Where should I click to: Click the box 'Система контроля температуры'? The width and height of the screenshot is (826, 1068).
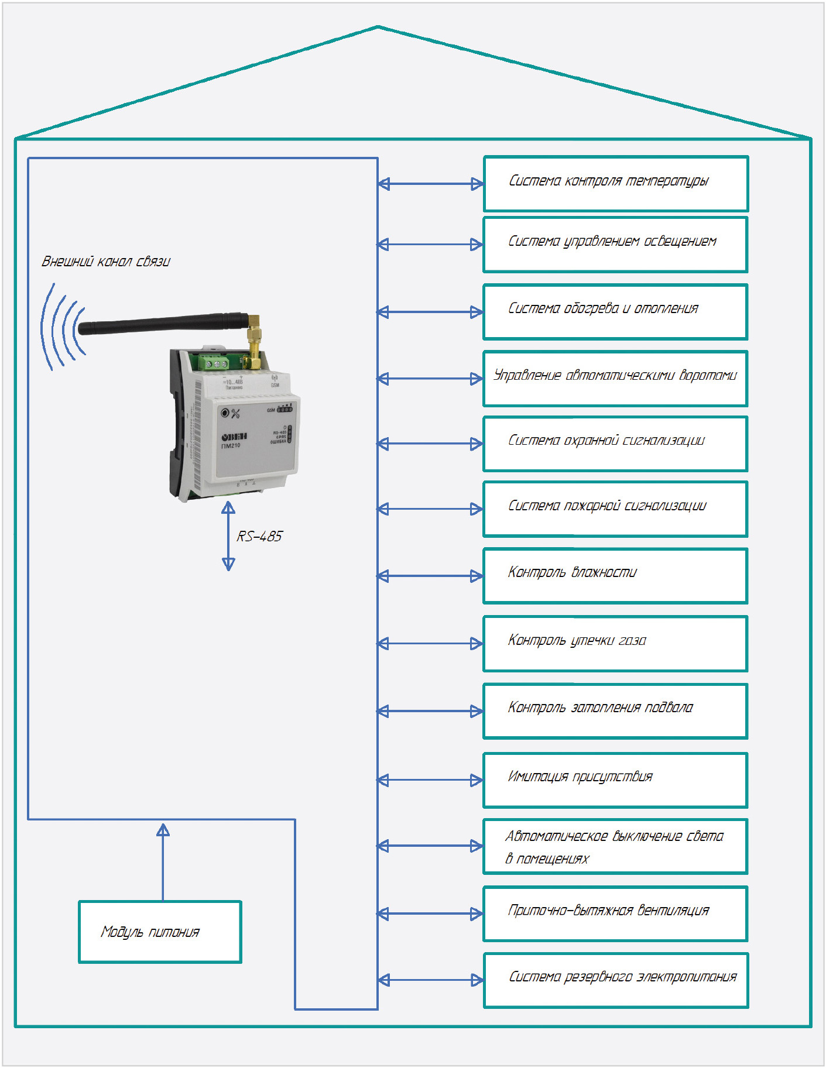(616, 184)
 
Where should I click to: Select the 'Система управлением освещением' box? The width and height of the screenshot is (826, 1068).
(615, 245)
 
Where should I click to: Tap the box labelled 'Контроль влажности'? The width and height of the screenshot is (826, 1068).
(615, 576)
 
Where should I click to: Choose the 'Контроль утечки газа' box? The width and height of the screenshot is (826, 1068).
(615, 644)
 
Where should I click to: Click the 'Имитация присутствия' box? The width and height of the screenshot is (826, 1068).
(615, 780)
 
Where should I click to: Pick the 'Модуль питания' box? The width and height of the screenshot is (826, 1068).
(160, 932)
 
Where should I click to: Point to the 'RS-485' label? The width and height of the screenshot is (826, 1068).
(259, 537)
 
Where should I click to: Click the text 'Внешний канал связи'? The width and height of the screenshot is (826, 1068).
(106, 262)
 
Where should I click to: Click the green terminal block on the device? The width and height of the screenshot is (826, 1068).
(214, 362)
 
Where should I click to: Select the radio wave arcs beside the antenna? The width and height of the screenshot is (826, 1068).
(61, 328)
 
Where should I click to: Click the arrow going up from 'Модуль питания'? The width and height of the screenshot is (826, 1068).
(163, 860)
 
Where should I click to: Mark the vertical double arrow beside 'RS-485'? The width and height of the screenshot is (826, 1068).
(228, 536)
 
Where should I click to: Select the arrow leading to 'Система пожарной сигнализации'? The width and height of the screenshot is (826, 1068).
(430, 509)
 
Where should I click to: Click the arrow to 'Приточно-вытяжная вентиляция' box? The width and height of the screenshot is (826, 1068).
(430, 914)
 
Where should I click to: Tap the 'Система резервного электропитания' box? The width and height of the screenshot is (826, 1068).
(616, 980)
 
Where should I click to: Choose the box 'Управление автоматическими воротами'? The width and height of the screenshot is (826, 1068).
(615, 379)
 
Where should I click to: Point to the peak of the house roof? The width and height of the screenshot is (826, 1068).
(378, 27)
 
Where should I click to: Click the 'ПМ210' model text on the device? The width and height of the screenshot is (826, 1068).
(231, 446)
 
